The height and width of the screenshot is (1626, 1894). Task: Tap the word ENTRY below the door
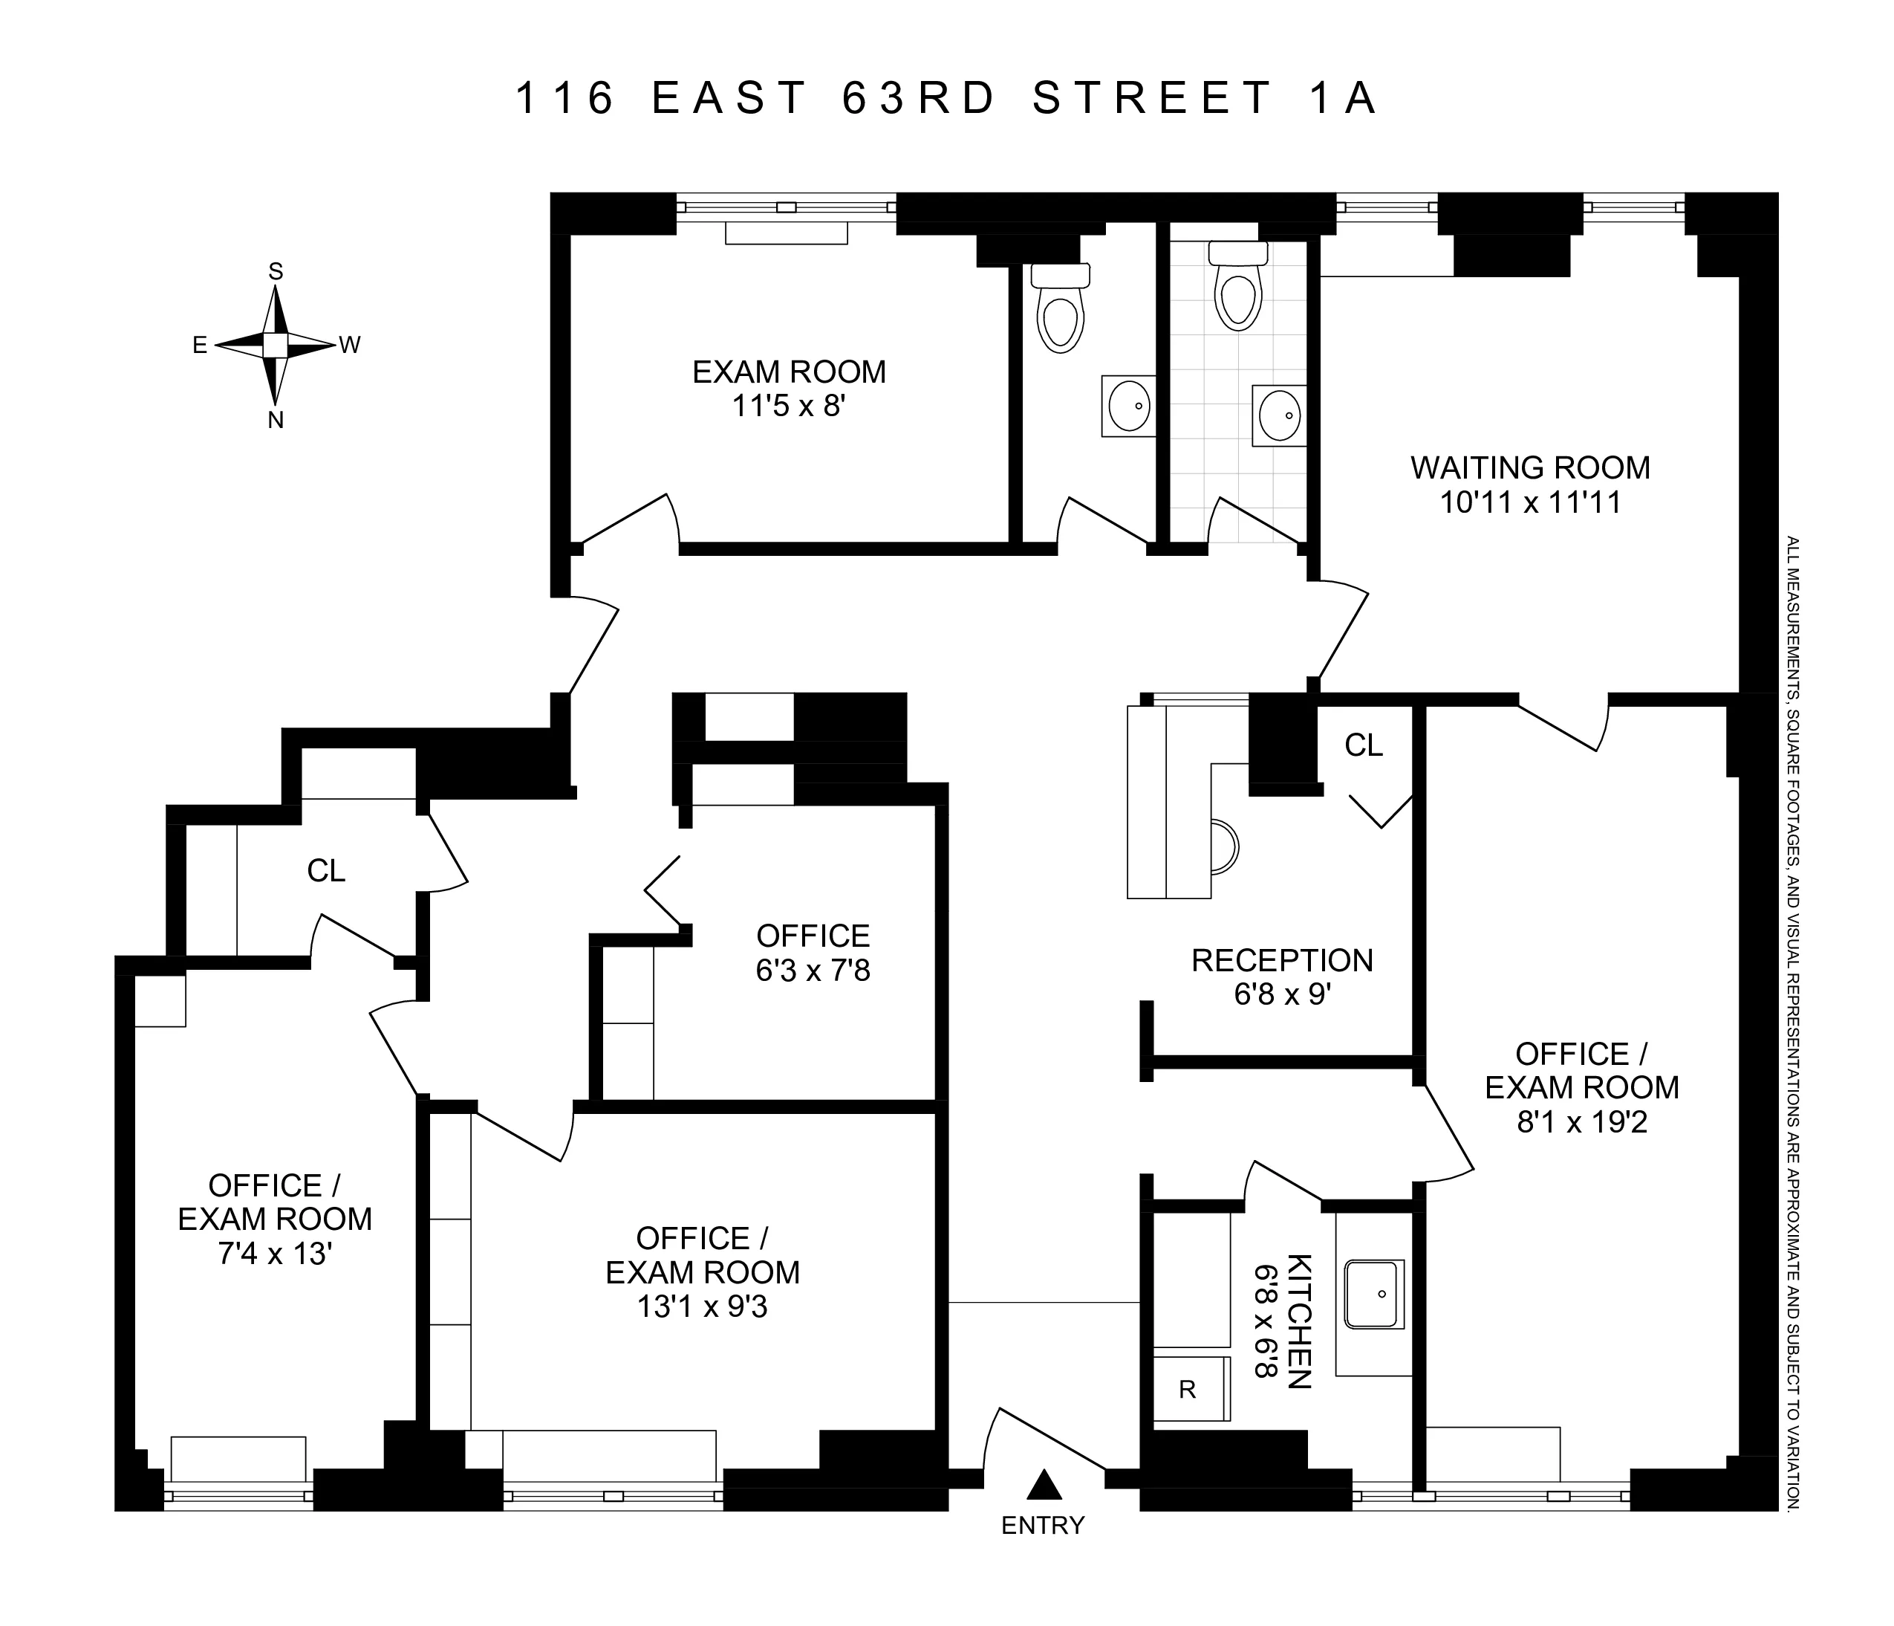(1042, 1526)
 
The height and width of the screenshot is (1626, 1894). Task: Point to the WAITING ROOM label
(1530, 467)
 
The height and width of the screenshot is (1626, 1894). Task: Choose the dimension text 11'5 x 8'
(789, 405)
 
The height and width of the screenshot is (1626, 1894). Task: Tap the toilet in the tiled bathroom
(1239, 293)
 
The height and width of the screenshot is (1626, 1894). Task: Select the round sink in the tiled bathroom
(1279, 414)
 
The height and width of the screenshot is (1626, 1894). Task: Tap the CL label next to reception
(1363, 745)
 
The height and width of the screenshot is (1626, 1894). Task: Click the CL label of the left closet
(326, 871)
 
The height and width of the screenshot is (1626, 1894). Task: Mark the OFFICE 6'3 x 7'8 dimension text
(813, 969)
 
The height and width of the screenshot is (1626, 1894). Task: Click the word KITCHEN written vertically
(1299, 1321)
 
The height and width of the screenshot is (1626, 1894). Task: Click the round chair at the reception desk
(1224, 846)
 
